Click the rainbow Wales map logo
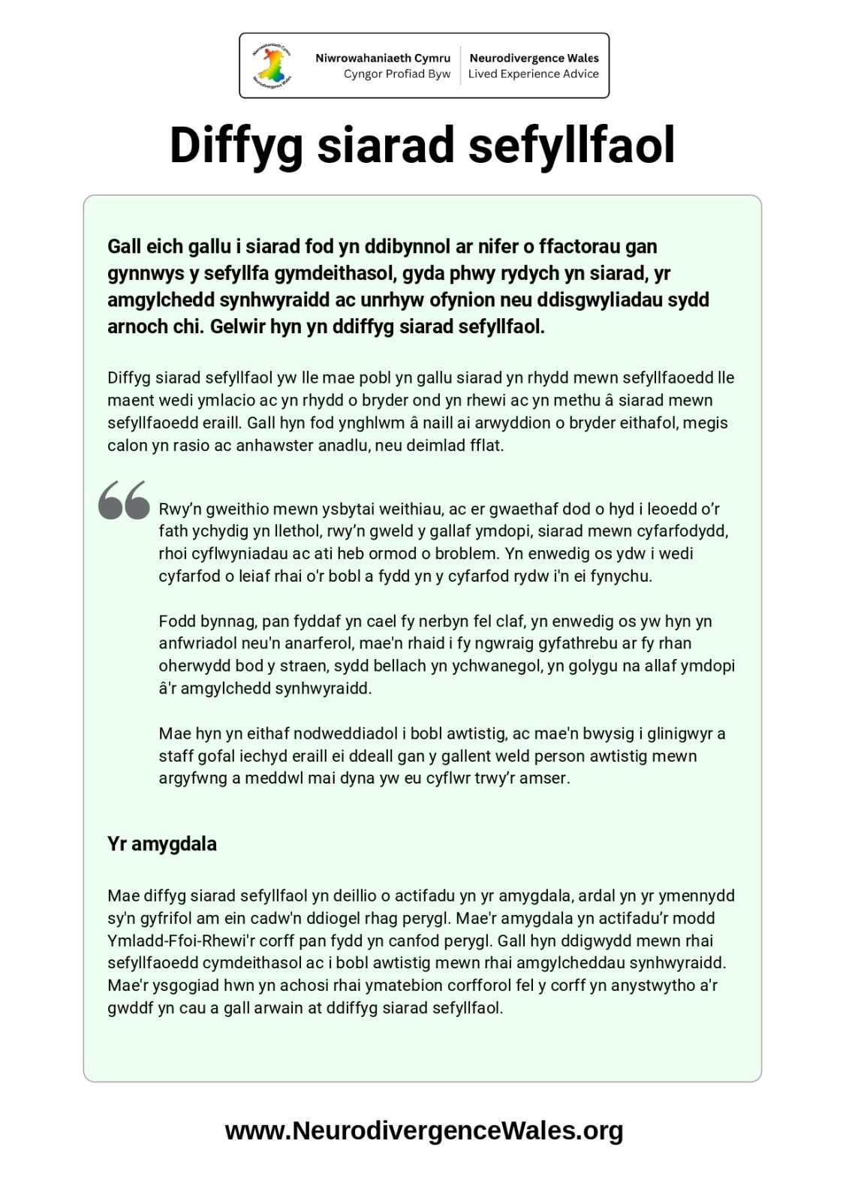pos(272,65)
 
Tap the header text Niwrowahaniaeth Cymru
pos(383,58)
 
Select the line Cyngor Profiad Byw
pos(396,74)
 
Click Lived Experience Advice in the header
pos(533,74)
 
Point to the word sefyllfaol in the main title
pos(571,146)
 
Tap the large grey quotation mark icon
pos(124,500)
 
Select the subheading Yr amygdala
pos(162,844)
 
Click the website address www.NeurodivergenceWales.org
pos(424,1130)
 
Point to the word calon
pos(128,445)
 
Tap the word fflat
pos(486,445)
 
